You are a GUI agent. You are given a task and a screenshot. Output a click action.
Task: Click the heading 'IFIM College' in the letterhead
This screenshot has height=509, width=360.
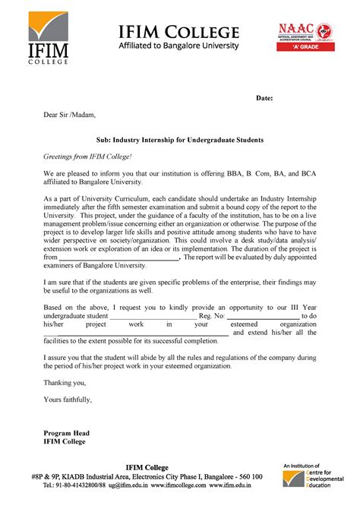(x=178, y=31)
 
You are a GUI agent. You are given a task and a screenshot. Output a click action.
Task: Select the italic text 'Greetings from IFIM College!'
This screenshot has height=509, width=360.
(x=87, y=156)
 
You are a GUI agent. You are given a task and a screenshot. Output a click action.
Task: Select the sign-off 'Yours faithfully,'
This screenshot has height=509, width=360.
(x=68, y=399)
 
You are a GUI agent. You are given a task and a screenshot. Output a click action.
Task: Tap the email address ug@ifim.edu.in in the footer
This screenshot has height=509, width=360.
(x=128, y=485)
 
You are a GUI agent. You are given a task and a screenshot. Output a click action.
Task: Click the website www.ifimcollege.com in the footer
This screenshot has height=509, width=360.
(x=179, y=485)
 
